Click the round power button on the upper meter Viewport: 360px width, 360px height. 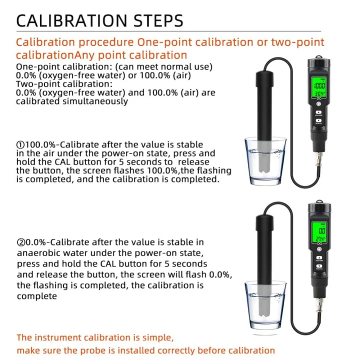pyautogui.click(x=319, y=106)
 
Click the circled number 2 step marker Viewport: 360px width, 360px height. pyautogui.click(x=20, y=243)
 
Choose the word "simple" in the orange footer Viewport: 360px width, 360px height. pyautogui.click(x=158, y=337)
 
